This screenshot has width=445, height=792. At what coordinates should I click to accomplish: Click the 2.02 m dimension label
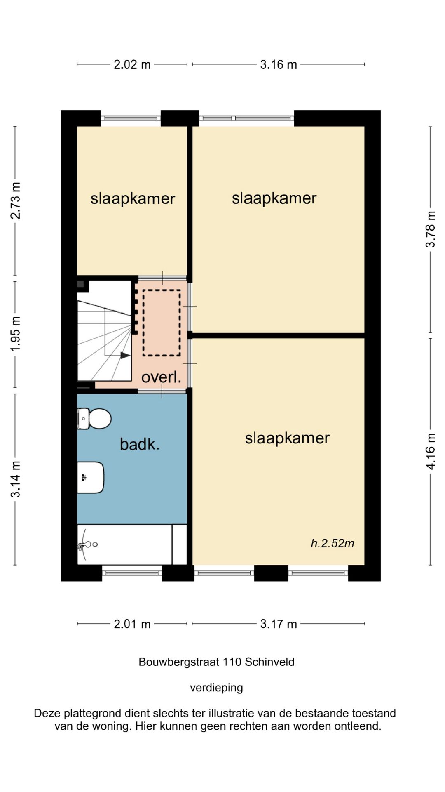click(x=132, y=65)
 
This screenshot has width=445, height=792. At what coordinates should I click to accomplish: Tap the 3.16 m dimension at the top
click(x=279, y=65)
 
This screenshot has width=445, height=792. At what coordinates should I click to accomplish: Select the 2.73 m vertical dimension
click(x=15, y=200)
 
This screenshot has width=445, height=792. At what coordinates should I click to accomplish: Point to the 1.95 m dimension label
click(x=15, y=334)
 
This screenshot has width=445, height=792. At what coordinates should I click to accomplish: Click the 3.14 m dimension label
click(x=15, y=479)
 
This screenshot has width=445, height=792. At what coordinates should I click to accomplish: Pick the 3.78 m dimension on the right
click(x=430, y=229)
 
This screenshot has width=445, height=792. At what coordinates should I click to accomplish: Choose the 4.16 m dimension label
click(x=430, y=451)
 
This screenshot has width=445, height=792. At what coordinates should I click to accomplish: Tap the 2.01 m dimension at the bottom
click(x=132, y=624)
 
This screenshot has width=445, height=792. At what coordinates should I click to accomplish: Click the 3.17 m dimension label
click(x=279, y=624)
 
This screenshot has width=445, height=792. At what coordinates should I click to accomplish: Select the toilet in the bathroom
click(x=94, y=419)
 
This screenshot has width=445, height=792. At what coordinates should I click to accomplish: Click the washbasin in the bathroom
click(x=91, y=477)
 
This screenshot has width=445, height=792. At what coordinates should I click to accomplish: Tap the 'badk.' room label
click(x=140, y=444)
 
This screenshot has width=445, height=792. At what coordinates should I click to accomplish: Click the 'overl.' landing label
click(x=161, y=377)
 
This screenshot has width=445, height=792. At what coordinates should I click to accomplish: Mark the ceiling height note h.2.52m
click(x=333, y=543)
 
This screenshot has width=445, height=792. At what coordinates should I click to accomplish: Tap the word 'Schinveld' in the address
click(x=269, y=662)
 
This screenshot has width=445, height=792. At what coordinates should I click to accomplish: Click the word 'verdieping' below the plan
click(x=216, y=688)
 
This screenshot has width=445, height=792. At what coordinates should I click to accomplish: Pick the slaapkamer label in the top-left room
click(x=133, y=199)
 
